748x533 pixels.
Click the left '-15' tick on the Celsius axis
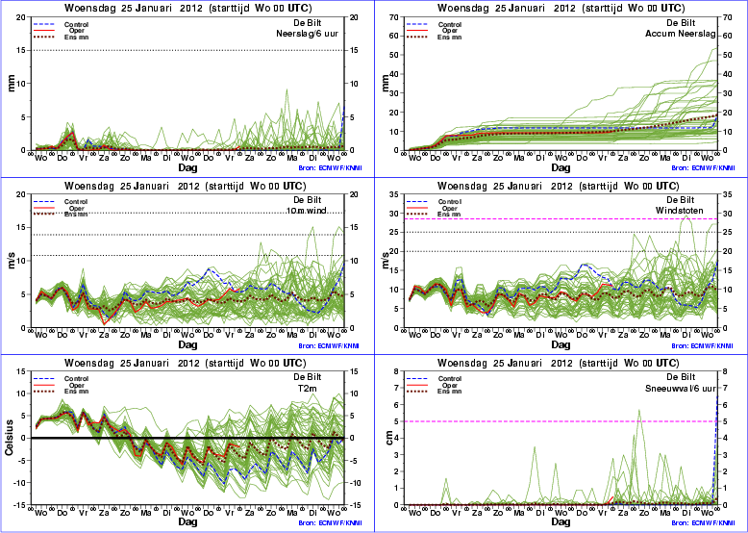click(20, 505)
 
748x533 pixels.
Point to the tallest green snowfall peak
click(639, 412)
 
